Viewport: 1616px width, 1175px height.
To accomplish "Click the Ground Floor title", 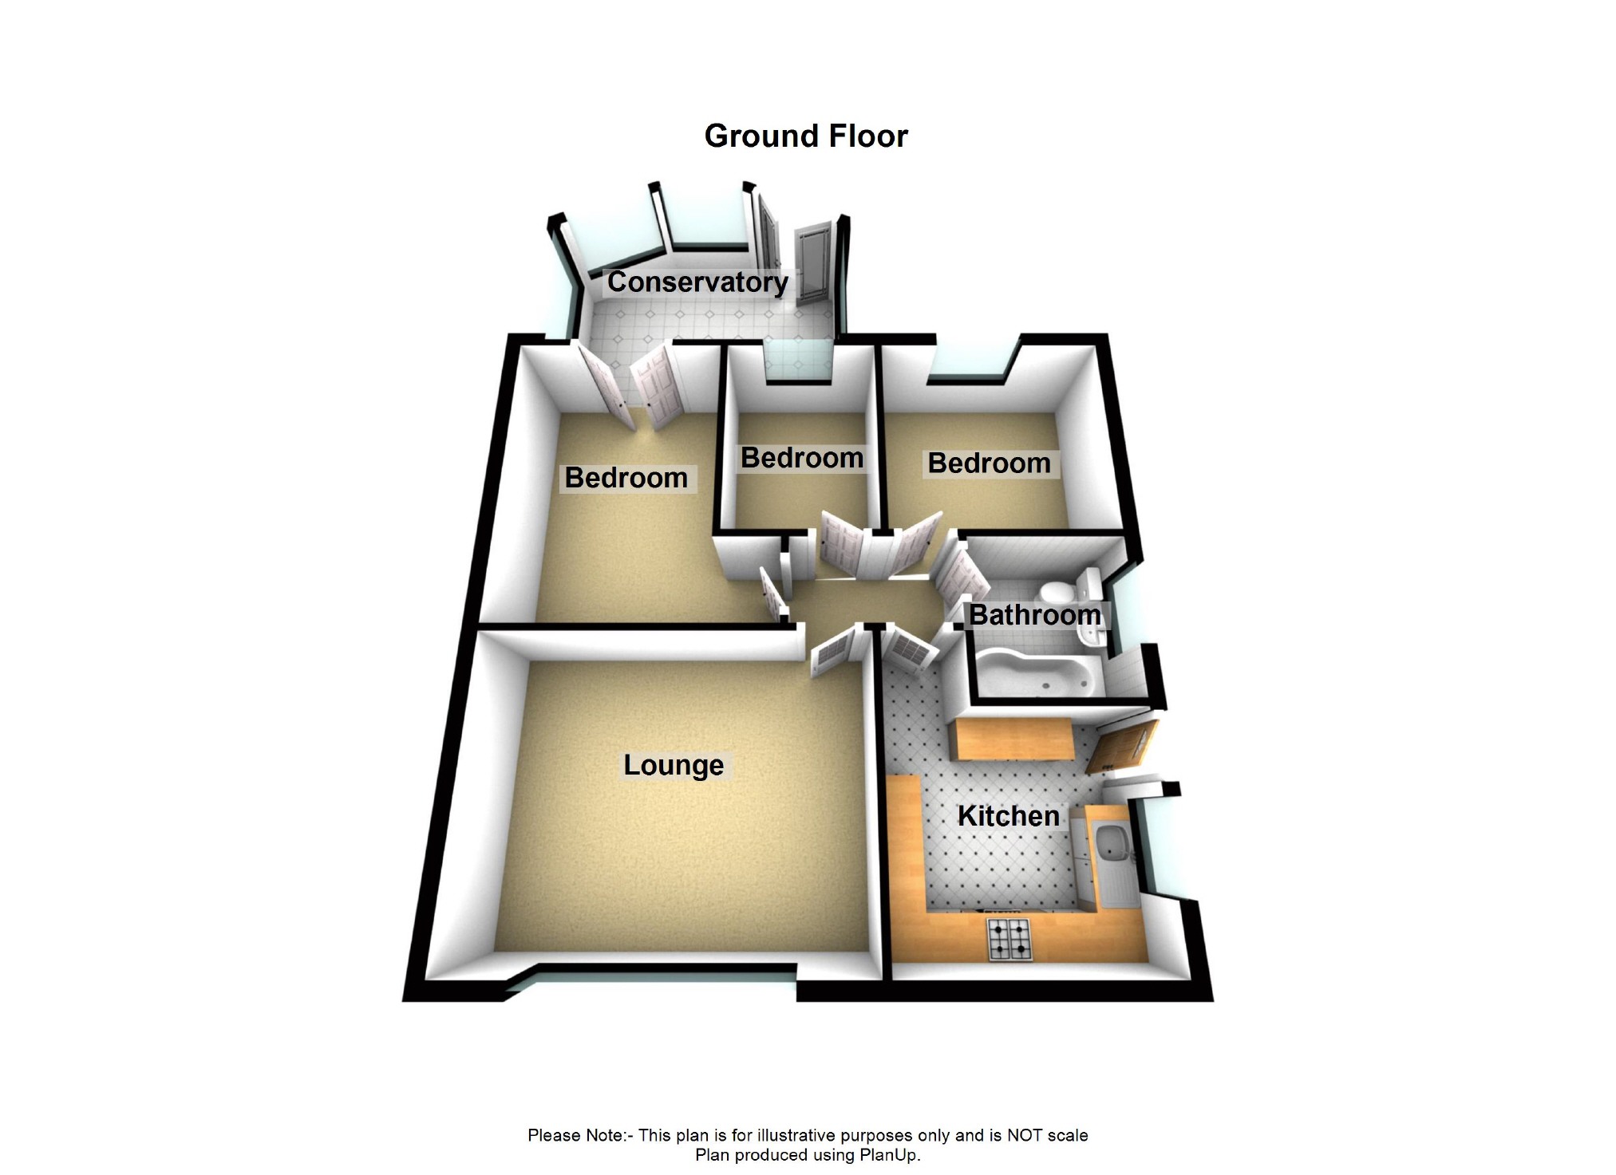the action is tap(806, 136).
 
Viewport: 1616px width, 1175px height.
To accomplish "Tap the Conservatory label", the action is tap(697, 282).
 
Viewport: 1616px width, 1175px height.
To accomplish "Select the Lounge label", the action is tap(674, 765).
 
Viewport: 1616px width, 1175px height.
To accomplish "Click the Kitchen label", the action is tap(1008, 816).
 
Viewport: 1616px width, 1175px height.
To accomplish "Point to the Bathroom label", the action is tap(1034, 615).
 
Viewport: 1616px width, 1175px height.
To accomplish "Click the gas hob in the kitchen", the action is tap(1010, 940).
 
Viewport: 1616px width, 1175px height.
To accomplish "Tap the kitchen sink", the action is tap(1110, 842).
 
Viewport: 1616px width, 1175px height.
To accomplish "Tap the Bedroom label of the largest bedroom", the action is tap(626, 478).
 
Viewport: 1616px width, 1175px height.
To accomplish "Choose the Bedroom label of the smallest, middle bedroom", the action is tap(801, 458).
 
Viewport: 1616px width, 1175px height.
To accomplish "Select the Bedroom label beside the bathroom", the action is tap(989, 463).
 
